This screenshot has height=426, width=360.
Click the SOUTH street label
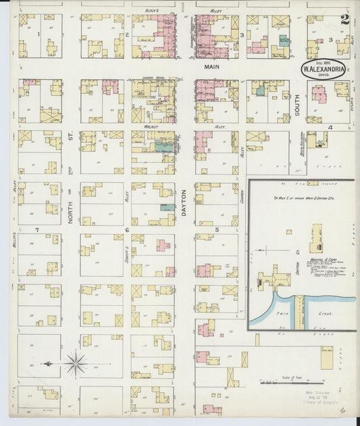tap(297, 104)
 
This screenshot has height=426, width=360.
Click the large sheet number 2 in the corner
tap(345, 20)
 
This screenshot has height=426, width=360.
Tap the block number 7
tap(38, 230)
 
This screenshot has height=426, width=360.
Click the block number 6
tap(127, 230)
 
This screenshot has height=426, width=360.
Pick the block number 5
tap(216, 230)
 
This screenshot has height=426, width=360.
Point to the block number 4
tap(330, 127)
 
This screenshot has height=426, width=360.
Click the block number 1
tap(38, 34)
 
